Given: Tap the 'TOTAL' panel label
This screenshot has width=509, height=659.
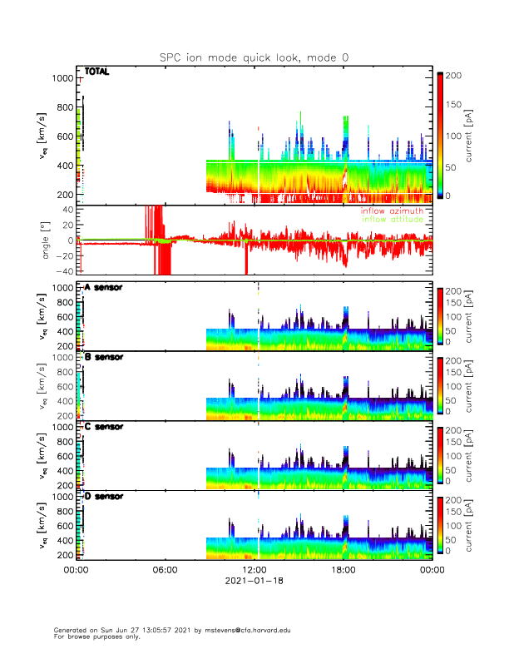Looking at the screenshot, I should pyautogui.click(x=96, y=72).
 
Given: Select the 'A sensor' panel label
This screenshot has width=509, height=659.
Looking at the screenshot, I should pyautogui.click(x=103, y=287).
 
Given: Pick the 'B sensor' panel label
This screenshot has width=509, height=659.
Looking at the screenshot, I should pyautogui.click(x=103, y=357).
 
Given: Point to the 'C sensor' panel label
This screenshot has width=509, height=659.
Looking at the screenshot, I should pyautogui.click(x=103, y=427).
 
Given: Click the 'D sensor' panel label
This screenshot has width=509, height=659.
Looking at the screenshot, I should pyautogui.click(x=103, y=496).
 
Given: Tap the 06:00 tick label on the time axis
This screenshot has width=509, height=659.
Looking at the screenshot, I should pyautogui.click(x=166, y=570).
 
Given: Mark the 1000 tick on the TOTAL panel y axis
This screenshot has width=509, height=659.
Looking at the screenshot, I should pyautogui.click(x=62, y=78).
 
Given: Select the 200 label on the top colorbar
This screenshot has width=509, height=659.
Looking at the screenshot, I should pyautogui.click(x=454, y=76).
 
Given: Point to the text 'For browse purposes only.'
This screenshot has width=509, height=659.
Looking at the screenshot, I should pyautogui.click(x=94, y=637).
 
